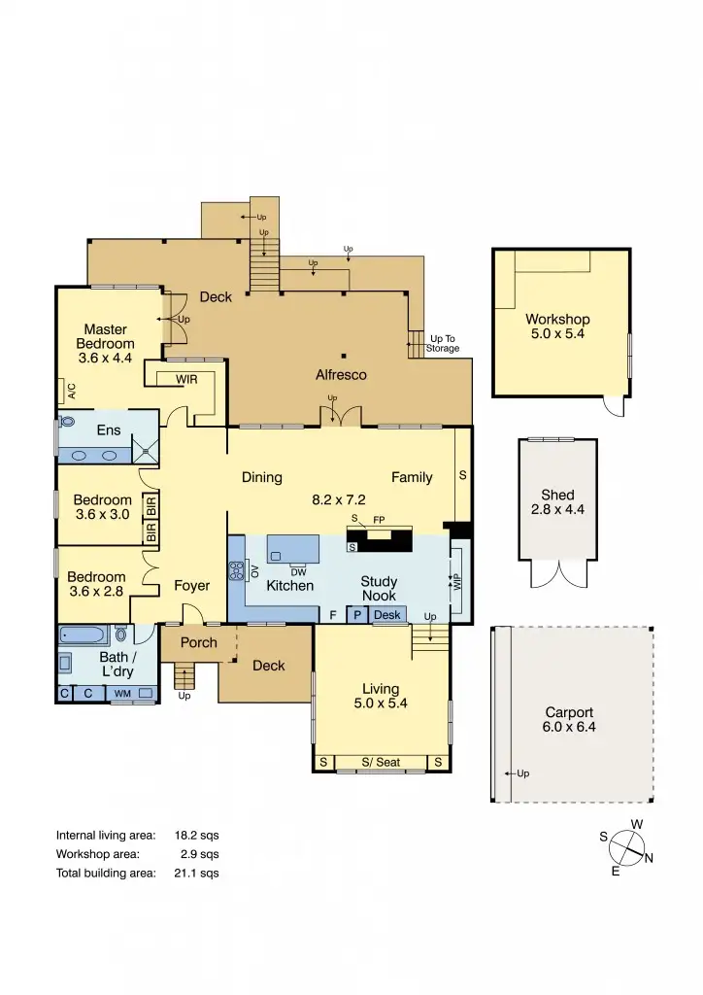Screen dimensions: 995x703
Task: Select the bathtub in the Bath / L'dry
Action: pyautogui.click(x=84, y=635)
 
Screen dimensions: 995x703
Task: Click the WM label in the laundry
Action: pyautogui.click(x=123, y=694)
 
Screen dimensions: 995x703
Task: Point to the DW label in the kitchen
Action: pyautogui.click(x=298, y=571)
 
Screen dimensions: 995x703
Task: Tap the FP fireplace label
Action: pyautogui.click(x=379, y=521)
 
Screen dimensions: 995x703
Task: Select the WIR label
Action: pyautogui.click(x=186, y=379)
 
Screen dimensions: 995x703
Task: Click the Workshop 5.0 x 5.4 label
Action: pyautogui.click(x=557, y=326)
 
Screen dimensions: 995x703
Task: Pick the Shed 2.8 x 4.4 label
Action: pyautogui.click(x=557, y=501)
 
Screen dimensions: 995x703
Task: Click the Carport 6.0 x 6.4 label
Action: pyautogui.click(x=569, y=719)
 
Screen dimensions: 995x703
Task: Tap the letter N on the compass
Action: pyautogui.click(x=649, y=858)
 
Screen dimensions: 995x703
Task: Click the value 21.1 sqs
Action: pyautogui.click(x=200, y=873)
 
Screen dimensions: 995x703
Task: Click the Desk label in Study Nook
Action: pyautogui.click(x=386, y=615)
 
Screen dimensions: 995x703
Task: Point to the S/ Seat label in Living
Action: pyautogui.click(x=381, y=763)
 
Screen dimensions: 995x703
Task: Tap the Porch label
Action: pyautogui.click(x=198, y=643)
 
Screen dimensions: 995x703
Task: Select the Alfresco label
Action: pyautogui.click(x=341, y=374)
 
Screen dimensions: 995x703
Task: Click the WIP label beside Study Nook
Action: pyautogui.click(x=457, y=583)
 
